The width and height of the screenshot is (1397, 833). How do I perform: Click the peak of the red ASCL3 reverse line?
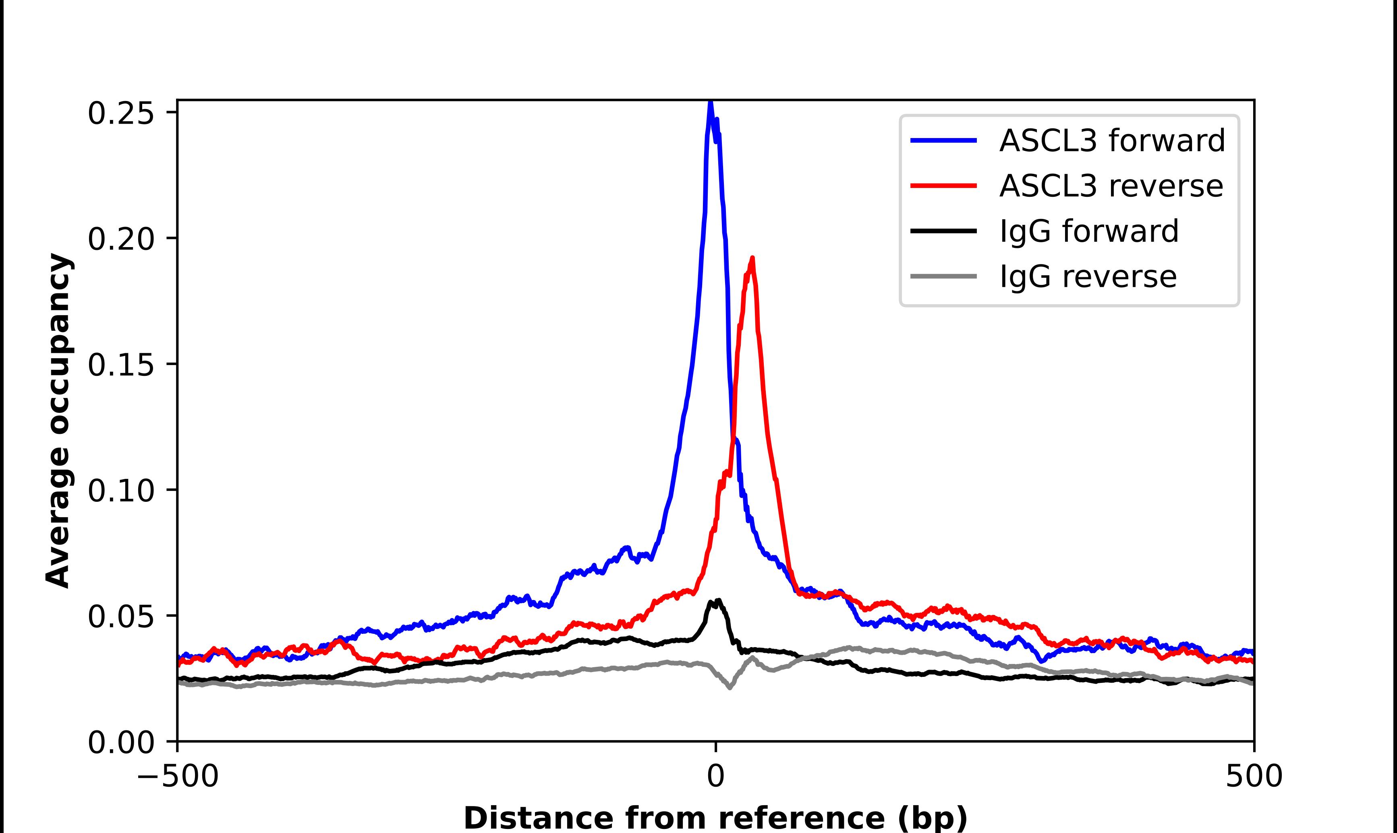[752, 259]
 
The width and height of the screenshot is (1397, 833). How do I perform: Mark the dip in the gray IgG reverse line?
[730, 687]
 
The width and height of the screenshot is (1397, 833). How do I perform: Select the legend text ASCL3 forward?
[1112, 140]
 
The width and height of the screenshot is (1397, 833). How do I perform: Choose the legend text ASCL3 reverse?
[1111, 186]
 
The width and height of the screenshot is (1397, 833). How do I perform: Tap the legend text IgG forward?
[1088, 231]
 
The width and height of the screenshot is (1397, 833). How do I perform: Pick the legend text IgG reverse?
[1088, 277]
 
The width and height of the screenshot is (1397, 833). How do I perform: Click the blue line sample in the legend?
[944, 140]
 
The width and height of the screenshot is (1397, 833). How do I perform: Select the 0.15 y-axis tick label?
[121, 364]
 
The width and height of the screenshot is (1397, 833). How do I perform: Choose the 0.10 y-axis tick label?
[121, 491]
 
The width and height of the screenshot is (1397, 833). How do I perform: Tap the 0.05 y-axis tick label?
[121, 617]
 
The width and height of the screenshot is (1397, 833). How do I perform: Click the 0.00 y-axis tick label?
[121, 742]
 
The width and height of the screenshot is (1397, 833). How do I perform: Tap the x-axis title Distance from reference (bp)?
[715, 818]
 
